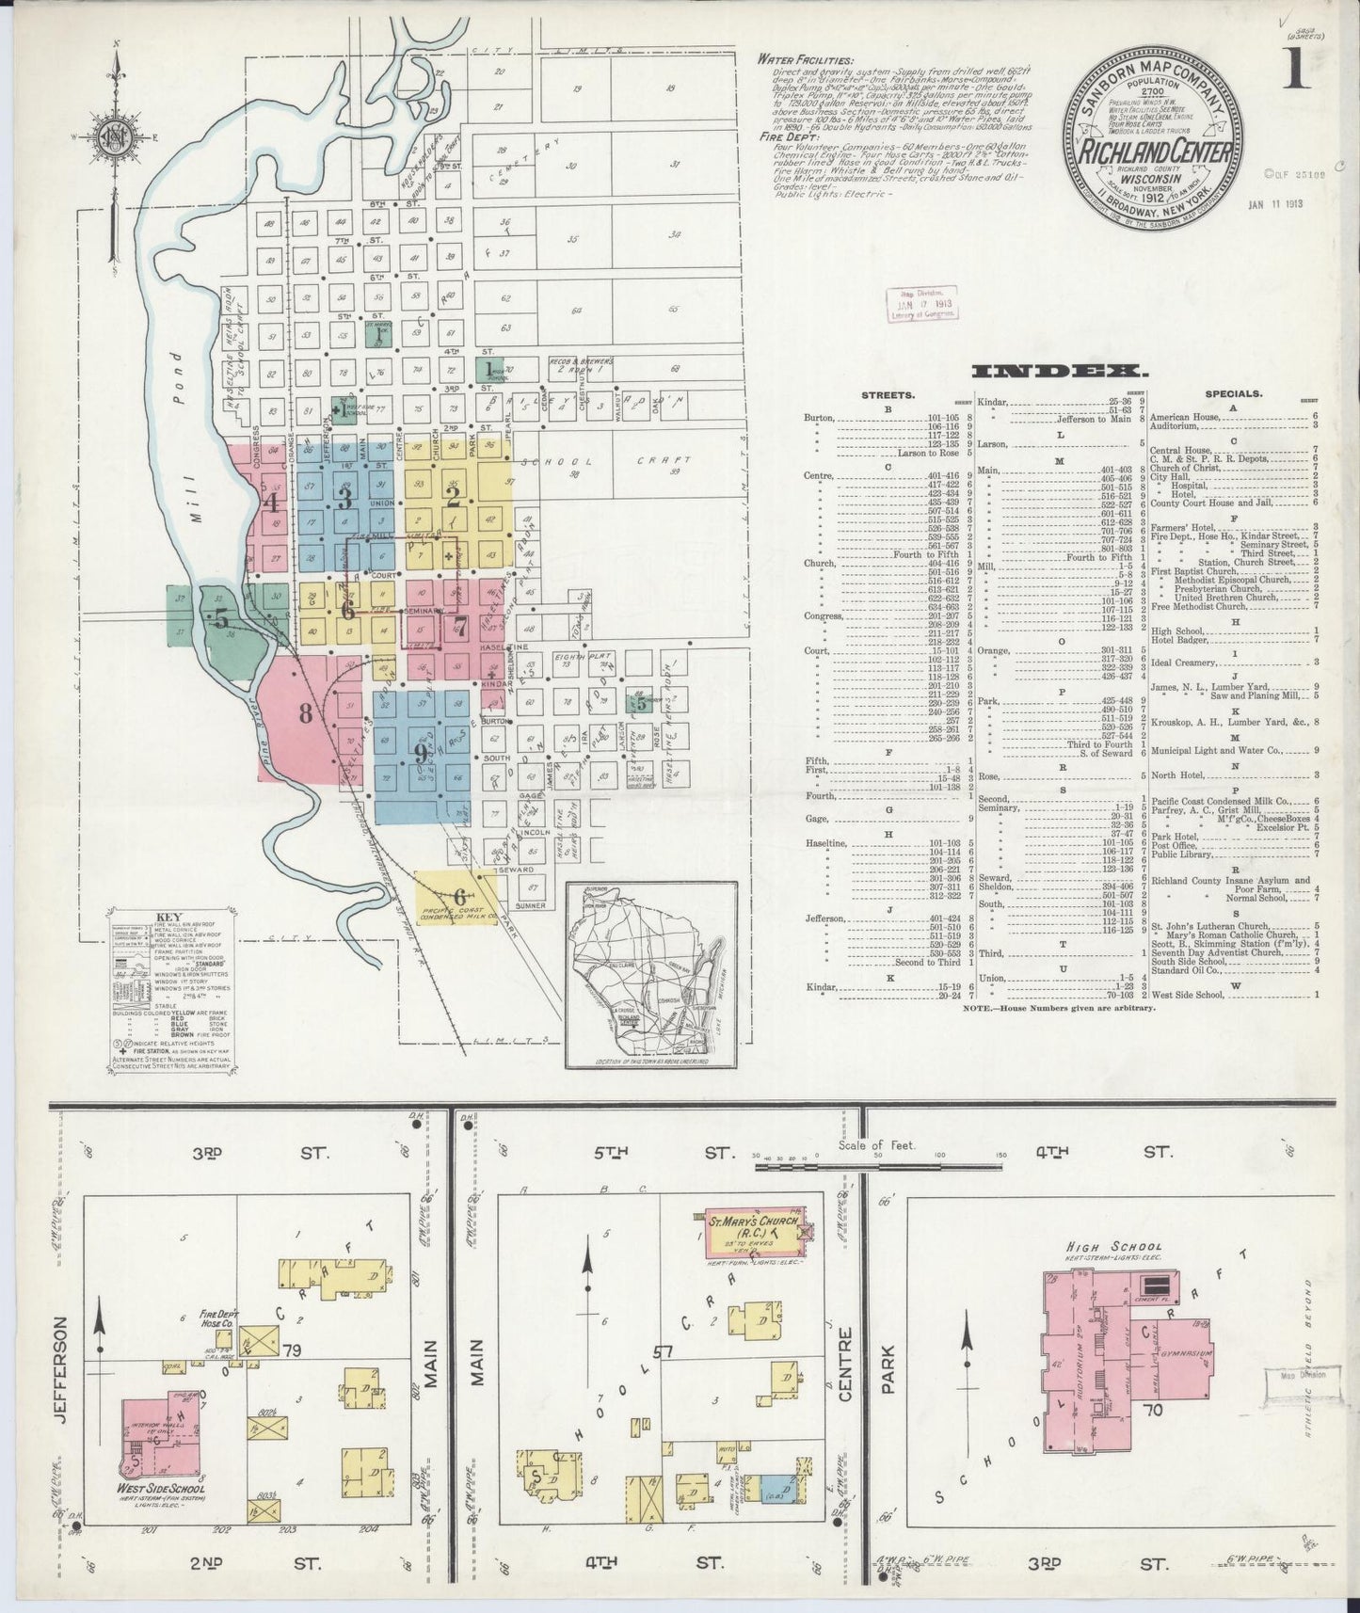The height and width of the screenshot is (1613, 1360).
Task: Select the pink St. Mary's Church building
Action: point(753,1233)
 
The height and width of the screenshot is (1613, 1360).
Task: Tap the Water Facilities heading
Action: point(805,59)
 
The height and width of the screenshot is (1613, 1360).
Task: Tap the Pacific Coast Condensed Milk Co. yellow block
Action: point(457,900)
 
